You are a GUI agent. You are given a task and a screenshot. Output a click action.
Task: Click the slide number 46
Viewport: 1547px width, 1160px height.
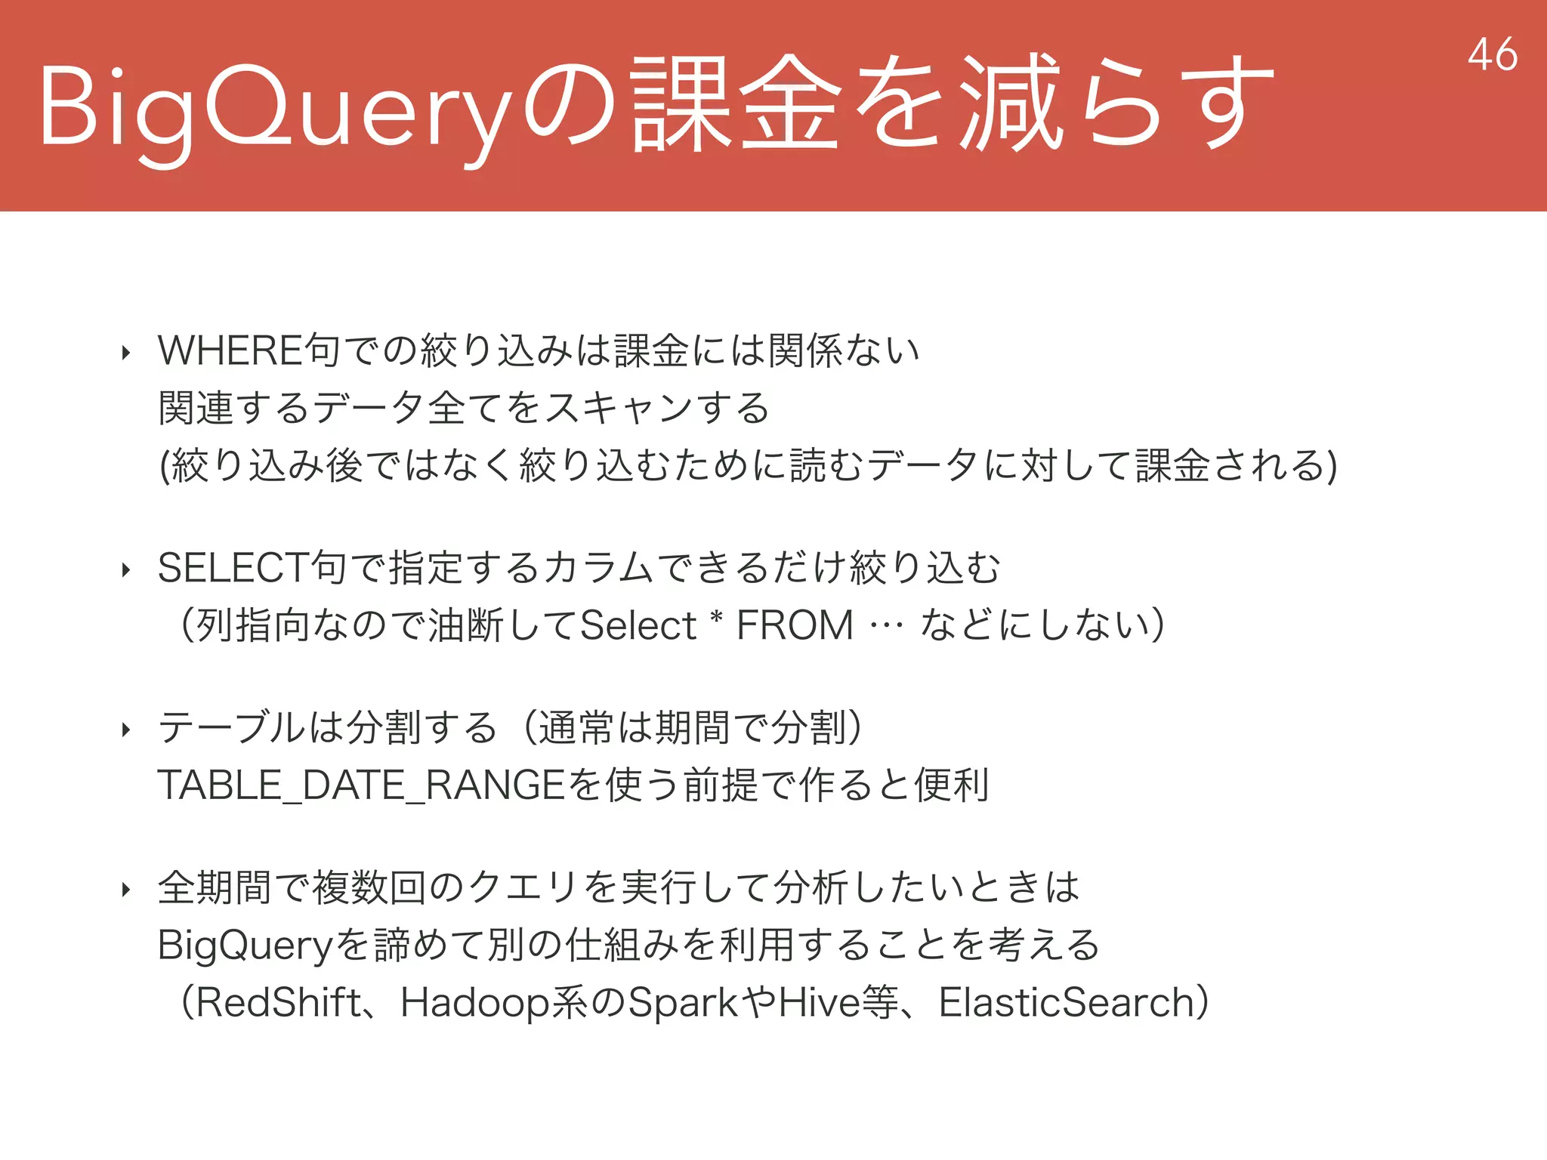click(x=1492, y=54)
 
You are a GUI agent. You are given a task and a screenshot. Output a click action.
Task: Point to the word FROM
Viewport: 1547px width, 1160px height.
click(x=795, y=625)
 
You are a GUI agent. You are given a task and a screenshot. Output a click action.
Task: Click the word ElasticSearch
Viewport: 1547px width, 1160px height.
click(x=1066, y=1003)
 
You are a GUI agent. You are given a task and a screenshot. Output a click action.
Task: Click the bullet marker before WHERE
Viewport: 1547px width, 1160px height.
click(x=126, y=353)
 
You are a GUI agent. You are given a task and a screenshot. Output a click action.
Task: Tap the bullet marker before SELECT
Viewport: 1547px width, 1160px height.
click(x=126, y=570)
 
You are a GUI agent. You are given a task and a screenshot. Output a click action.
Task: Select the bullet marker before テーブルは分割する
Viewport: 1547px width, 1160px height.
click(x=126, y=730)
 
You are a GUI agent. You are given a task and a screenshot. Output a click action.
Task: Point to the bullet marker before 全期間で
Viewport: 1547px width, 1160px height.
click(x=126, y=890)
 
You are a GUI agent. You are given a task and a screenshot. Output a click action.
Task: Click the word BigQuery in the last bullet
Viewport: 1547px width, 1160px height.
click(x=245, y=946)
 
